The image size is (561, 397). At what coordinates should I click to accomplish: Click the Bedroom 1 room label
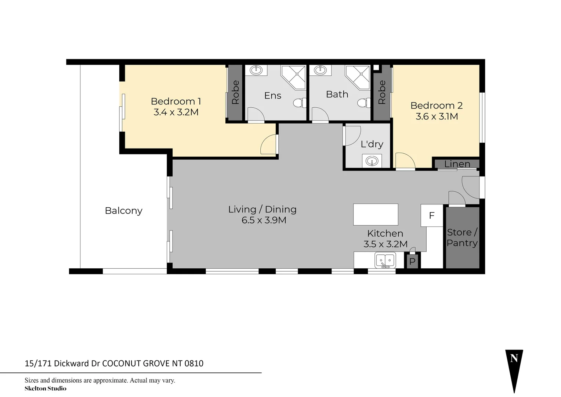coord(175,101)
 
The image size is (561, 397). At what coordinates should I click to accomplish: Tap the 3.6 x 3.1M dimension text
coord(437,117)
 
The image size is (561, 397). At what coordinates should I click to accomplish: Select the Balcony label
coord(123,211)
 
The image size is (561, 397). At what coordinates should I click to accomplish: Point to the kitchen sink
coord(385,261)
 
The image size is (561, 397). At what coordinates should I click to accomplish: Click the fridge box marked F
coord(432,215)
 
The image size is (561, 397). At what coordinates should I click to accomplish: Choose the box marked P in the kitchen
coord(412,261)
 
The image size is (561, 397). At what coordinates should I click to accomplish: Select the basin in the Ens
coord(256,70)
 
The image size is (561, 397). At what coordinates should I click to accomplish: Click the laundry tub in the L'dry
coord(372,161)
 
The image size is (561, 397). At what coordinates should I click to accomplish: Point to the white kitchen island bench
coord(376,214)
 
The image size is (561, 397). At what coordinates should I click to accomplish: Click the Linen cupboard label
coord(457,164)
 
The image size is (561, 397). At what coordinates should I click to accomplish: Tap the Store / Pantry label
coord(462,237)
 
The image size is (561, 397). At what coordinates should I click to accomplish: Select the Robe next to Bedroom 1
coord(235,92)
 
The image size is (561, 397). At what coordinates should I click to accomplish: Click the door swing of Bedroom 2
coord(404,161)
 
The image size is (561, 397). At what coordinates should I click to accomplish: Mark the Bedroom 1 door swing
coord(269,145)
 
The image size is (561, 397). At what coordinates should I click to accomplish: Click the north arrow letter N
coord(514,358)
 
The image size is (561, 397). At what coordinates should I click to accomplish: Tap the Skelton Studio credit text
coord(46,389)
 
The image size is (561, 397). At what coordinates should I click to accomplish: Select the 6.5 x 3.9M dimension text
coord(264,220)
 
